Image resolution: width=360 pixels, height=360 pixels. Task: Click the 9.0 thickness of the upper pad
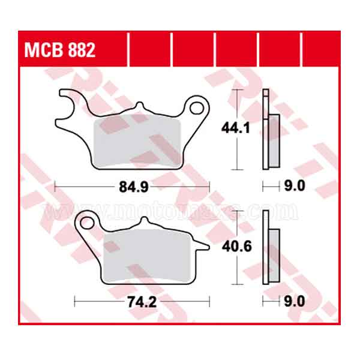point(294,187)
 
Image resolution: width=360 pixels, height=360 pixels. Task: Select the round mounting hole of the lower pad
point(87,224)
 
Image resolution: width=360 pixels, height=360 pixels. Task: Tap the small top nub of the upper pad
point(139,107)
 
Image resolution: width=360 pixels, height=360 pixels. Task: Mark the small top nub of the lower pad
point(143,222)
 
